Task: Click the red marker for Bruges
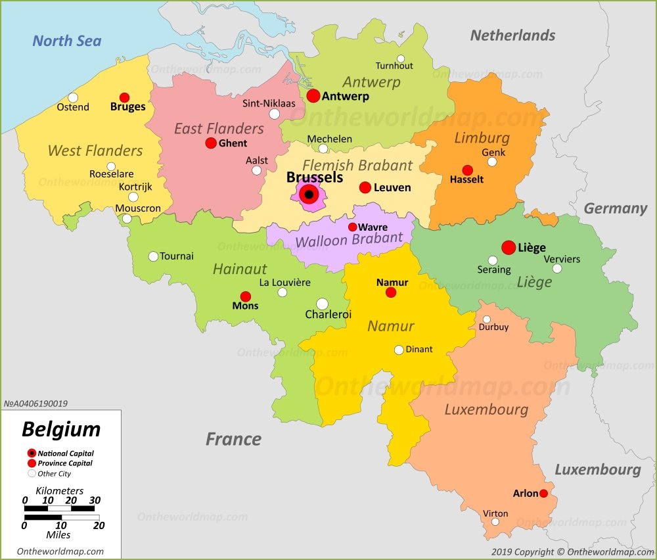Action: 124,97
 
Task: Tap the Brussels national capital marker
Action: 309,195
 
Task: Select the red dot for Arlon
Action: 543,493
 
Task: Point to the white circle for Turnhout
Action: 401,58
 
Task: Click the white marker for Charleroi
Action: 322,304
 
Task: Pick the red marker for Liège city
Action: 509,247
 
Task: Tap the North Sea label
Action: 67,41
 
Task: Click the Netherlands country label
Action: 512,35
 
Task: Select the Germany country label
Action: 615,208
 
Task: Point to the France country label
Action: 233,439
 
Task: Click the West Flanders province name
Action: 95,151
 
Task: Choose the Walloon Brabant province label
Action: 348,241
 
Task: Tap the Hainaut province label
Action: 240,269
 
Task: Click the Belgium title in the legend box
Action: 61,429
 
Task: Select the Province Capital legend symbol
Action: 32,463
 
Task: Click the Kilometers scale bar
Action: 60,508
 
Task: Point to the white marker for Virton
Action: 495,522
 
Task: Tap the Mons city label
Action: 245,306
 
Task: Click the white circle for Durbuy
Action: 487,319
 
